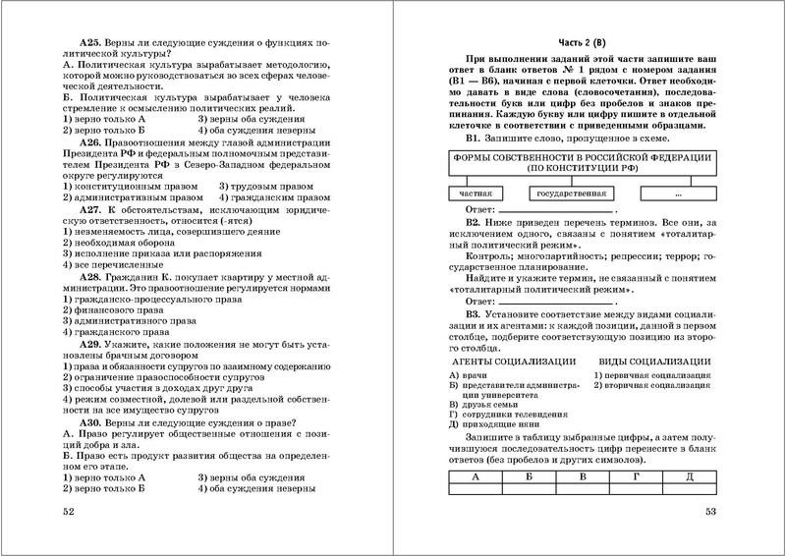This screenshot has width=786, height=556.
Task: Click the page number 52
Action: pos(68,512)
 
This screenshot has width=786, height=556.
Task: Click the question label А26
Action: pos(95,141)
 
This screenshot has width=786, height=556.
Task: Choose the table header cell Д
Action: pos(689,476)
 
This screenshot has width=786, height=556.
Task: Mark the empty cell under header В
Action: pos(583,489)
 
